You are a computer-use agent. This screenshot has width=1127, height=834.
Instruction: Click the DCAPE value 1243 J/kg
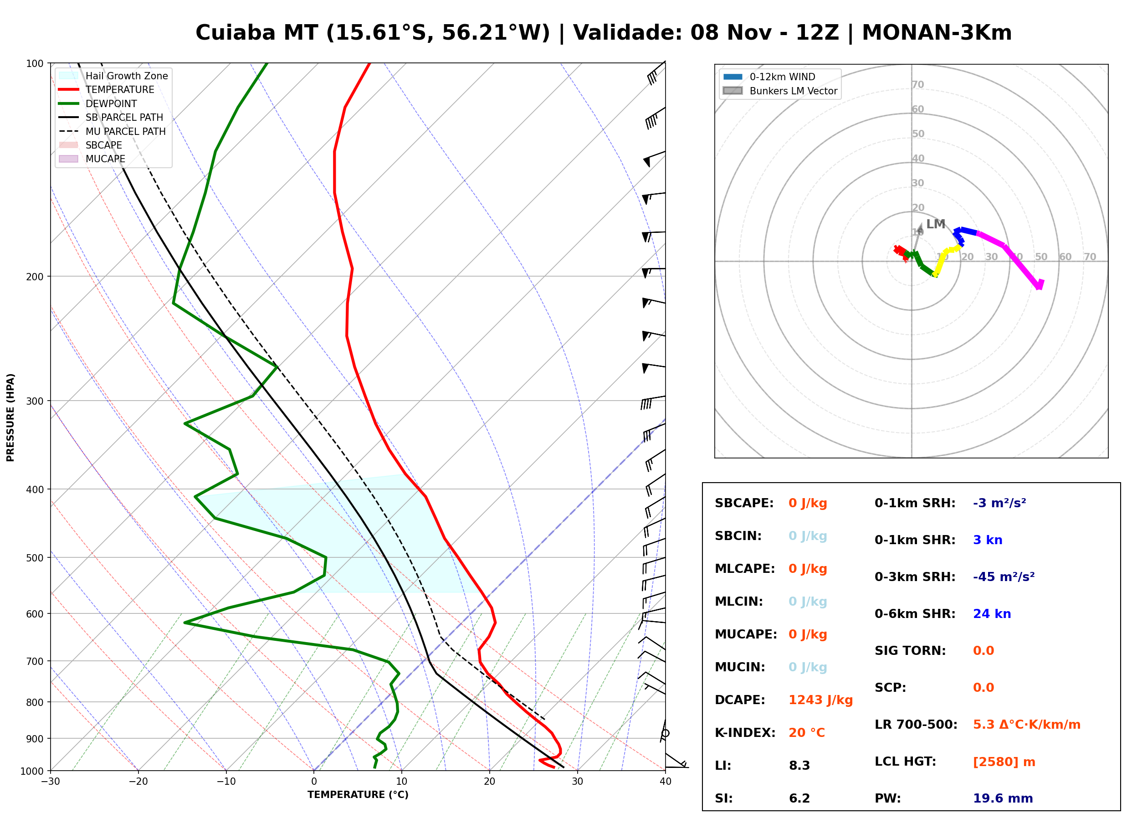[820, 700]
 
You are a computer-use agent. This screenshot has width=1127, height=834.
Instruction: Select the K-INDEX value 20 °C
[807, 733]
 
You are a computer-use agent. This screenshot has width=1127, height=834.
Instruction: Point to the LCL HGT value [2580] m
[1004, 762]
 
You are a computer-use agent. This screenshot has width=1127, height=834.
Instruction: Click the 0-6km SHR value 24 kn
[992, 614]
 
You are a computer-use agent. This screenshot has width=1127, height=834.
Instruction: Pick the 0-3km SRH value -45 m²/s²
[1004, 577]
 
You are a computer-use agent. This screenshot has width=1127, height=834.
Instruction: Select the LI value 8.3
[799, 766]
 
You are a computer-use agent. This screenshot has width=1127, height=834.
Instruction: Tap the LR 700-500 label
[916, 725]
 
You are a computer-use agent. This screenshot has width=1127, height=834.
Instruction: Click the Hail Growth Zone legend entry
[113, 76]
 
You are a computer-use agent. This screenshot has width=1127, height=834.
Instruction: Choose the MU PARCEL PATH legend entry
[113, 131]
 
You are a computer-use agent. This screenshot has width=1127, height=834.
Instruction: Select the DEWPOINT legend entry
[98, 103]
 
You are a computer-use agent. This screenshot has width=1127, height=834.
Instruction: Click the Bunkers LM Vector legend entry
[780, 91]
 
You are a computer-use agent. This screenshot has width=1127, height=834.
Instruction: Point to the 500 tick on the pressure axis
[34, 558]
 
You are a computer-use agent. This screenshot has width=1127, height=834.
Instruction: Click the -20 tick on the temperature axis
[138, 782]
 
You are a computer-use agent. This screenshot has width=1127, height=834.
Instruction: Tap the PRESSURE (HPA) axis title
[10, 417]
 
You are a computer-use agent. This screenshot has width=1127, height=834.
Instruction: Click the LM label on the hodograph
[935, 224]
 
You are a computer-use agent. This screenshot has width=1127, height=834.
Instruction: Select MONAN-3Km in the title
[936, 33]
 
